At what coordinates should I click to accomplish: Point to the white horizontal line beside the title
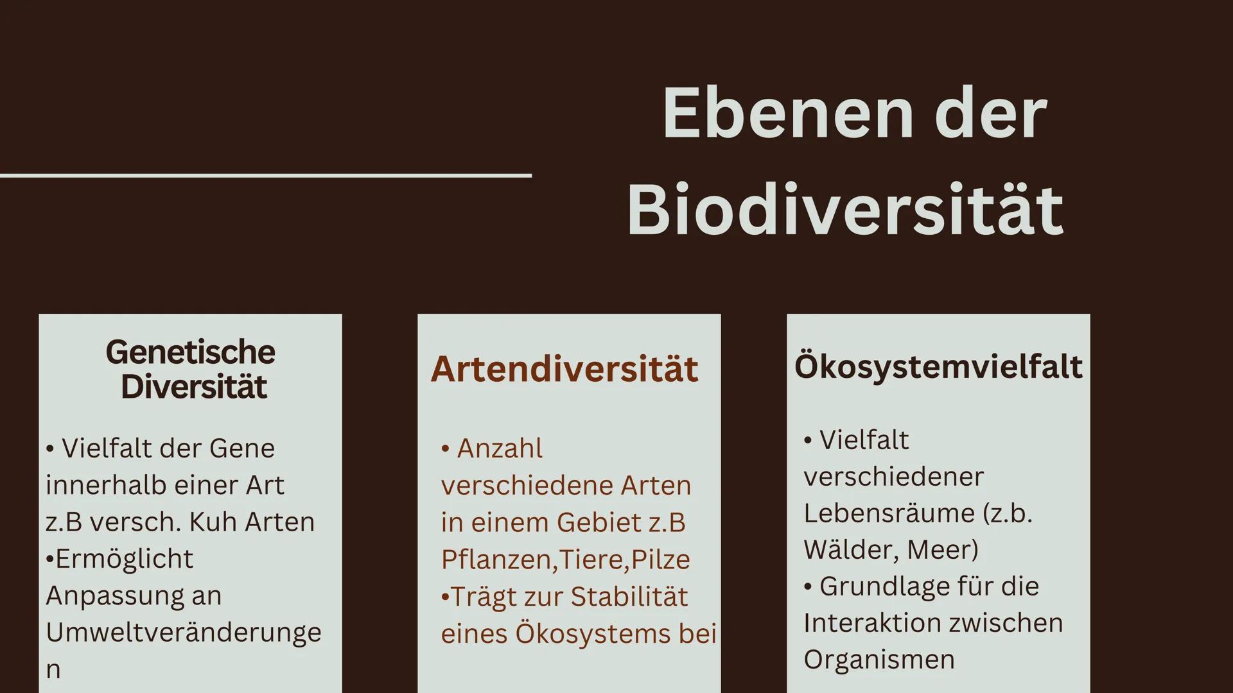(266, 175)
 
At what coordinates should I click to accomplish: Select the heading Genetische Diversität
(191, 370)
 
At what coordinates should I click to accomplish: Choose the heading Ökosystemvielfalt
(938, 366)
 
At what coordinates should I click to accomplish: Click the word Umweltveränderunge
(184, 632)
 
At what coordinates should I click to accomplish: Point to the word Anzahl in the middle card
(500, 449)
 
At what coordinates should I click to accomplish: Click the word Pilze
(660, 560)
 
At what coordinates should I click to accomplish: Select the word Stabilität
(629, 597)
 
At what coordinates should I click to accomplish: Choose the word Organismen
(879, 660)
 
